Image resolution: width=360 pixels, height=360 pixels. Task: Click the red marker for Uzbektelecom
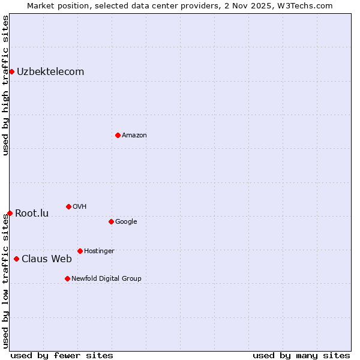(11, 72)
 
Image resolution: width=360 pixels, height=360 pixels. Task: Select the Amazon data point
(118, 135)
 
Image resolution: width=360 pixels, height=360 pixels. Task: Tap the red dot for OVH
(68, 206)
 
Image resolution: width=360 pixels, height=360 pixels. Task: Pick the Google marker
(111, 221)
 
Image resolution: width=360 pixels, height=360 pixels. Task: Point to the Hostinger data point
(80, 251)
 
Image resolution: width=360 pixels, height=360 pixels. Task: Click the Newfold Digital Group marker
(67, 278)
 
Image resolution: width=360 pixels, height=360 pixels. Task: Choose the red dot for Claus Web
(16, 259)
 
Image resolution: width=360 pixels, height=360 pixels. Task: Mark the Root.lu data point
(10, 213)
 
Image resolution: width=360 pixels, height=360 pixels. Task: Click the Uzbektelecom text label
(50, 72)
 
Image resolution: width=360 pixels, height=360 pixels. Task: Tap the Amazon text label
(134, 136)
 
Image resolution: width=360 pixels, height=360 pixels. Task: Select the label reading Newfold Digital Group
(106, 278)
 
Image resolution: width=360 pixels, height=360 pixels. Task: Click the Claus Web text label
(47, 259)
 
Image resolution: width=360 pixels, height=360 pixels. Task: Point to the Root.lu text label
(32, 214)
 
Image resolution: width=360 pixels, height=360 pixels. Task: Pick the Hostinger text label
(99, 251)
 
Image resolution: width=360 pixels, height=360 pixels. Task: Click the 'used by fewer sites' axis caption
(62, 356)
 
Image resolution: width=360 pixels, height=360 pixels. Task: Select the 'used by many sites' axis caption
(301, 356)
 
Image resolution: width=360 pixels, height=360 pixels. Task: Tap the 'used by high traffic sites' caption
(5, 85)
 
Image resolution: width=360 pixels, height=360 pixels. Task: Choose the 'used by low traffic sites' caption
(5, 281)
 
